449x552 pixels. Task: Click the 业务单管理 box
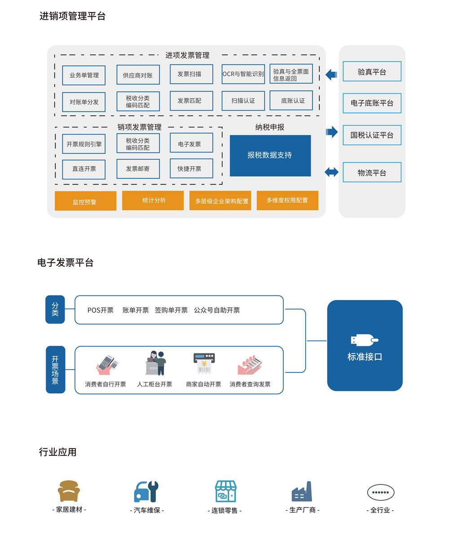(x=84, y=75)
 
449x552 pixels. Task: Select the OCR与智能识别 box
(x=243, y=74)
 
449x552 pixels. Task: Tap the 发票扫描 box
(x=191, y=74)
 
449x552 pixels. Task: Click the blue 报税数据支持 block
(x=270, y=155)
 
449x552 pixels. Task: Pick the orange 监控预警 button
(x=85, y=201)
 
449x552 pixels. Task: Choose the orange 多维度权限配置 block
(x=287, y=200)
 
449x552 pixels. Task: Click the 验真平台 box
(x=372, y=71)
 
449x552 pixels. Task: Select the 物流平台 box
(x=372, y=172)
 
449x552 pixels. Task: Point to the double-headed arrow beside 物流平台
(x=331, y=172)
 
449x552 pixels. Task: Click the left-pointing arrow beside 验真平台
(x=331, y=74)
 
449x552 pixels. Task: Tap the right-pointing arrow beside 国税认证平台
(x=332, y=132)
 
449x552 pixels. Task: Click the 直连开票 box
(x=84, y=169)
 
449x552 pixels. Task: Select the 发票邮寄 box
(x=138, y=169)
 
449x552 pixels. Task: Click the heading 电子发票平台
(x=66, y=263)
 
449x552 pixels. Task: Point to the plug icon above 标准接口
(x=364, y=340)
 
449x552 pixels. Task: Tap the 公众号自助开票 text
(x=217, y=310)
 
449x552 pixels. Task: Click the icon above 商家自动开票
(x=204, y=364)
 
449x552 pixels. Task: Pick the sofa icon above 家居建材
(x=69, y=491)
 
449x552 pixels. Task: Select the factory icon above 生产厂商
(x=302, y=492)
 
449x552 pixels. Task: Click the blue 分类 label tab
(x=55, y=309)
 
